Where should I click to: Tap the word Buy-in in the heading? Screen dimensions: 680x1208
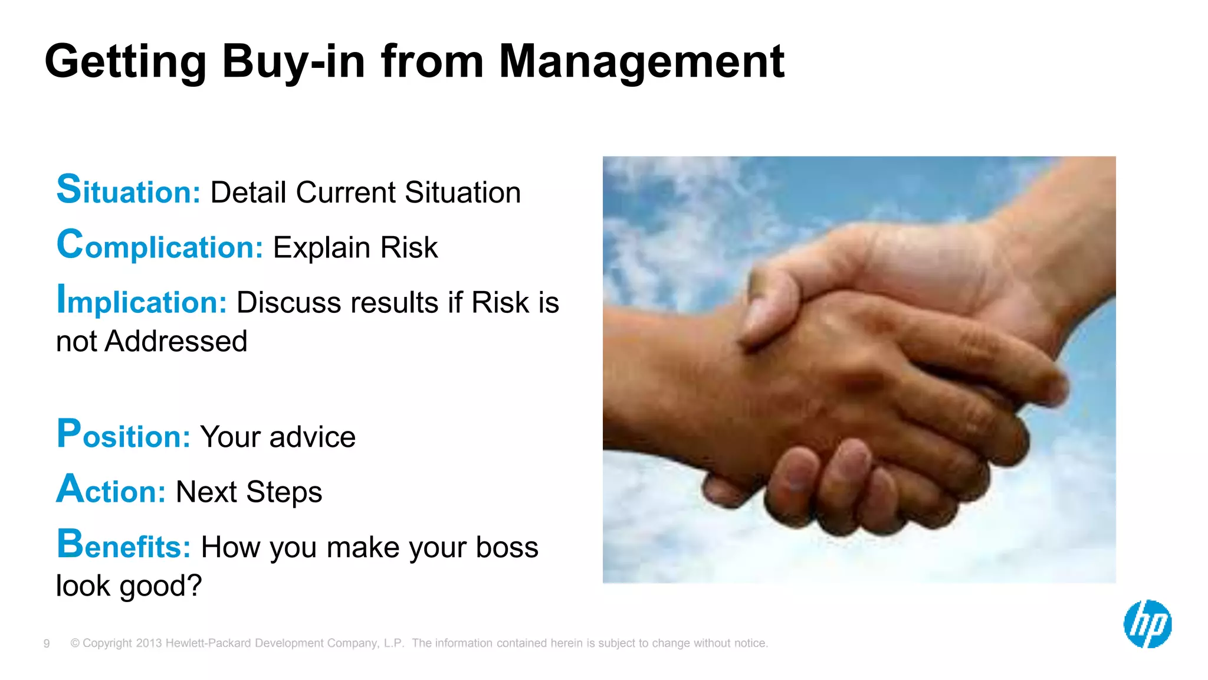click(293, 62)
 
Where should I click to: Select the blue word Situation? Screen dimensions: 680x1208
click(129, 191)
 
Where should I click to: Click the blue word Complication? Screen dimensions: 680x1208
click(159, 246)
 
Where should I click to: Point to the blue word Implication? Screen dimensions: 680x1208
click(142, 301)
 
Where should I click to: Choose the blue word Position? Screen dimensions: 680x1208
click(123, 436)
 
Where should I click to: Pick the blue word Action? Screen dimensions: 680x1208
click(111, 491)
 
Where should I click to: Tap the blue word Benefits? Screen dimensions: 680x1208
click(123, 545)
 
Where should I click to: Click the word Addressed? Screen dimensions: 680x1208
click(176, 341)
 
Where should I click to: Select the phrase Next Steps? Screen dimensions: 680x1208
click(248, 492)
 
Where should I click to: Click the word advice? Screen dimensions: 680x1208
click(312, 437)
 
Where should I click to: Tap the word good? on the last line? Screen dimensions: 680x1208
click(160, 586)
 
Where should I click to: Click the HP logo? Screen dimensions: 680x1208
click(1147, 624)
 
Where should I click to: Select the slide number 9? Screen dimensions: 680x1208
click(47, 643)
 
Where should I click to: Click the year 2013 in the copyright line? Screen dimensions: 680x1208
click(149, 643)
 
